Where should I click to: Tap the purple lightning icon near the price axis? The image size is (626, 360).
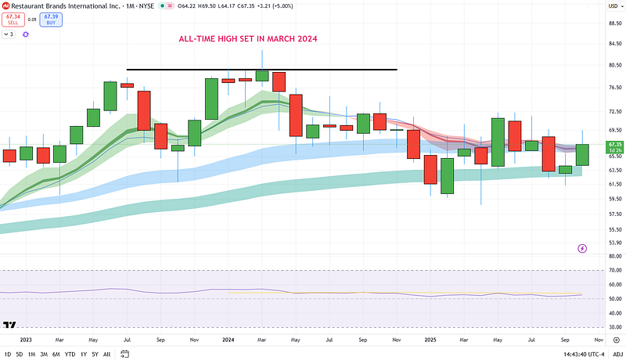pyautogui.click(x=582, y=248)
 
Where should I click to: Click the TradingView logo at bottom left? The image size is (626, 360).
pyautogui.click(x=10, y=325)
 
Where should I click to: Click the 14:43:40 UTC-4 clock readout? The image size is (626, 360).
pyautogui.click(x=570, y=355)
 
